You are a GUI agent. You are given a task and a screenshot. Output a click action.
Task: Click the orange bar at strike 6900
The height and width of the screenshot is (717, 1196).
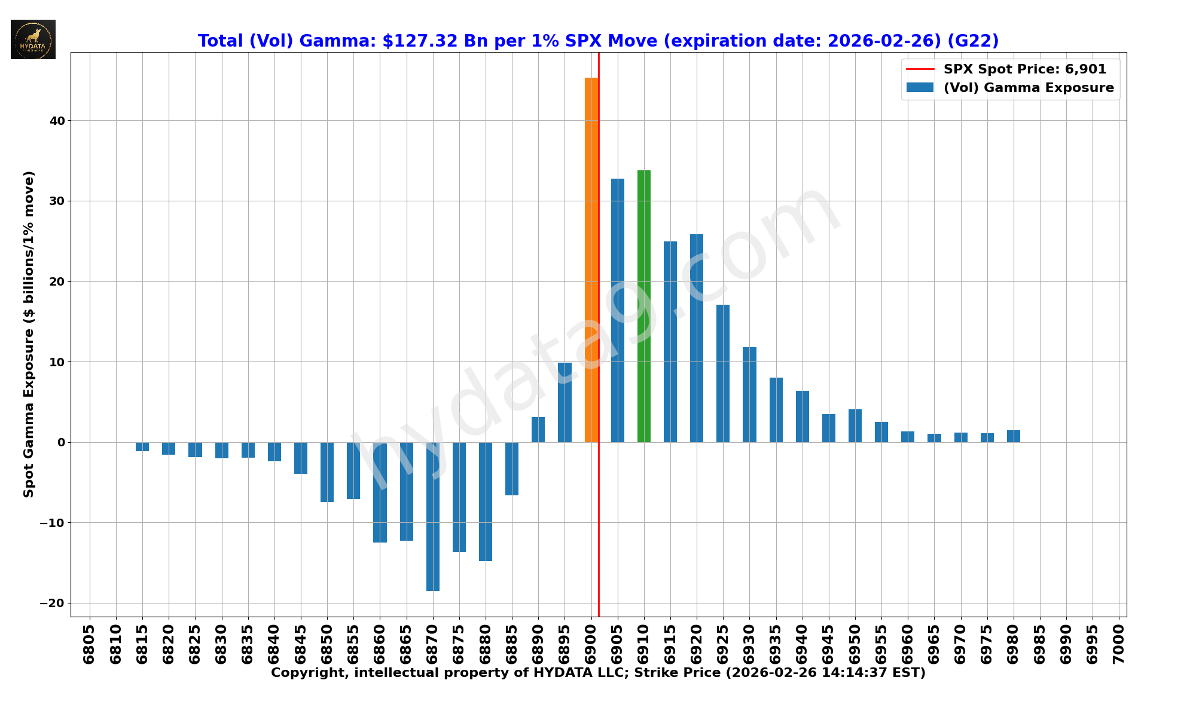[x=591, y=260]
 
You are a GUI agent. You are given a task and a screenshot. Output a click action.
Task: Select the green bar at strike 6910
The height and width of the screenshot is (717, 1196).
[x=644, y=306]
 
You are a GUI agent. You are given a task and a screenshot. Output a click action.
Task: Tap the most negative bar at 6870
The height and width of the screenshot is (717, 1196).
[x=433, y=516]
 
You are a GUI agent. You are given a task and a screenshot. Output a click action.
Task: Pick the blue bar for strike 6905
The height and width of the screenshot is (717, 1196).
[x=618, y=310]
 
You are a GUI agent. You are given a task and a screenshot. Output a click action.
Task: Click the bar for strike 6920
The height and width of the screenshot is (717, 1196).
[x=697, y=338]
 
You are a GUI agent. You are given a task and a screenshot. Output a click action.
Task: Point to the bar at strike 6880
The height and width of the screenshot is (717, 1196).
[x=486, y=501]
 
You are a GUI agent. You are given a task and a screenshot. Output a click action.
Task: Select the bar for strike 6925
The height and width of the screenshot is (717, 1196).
[x=723, y=373]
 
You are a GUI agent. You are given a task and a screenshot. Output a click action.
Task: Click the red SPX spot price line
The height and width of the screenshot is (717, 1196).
[x=599, y=538]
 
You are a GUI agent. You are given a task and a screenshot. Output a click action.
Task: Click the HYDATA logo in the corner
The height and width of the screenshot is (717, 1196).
[x=33, y=39]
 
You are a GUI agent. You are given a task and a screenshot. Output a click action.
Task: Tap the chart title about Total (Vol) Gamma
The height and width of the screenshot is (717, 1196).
[x=598, y=41]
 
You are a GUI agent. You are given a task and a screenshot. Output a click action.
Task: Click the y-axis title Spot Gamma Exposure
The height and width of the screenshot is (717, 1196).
[x=29, y=334]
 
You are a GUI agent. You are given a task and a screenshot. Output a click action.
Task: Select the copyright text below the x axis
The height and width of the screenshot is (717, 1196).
[x=598, y=673]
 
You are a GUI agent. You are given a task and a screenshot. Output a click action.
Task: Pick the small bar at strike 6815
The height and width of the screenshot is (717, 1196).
[x=142, y=446]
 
